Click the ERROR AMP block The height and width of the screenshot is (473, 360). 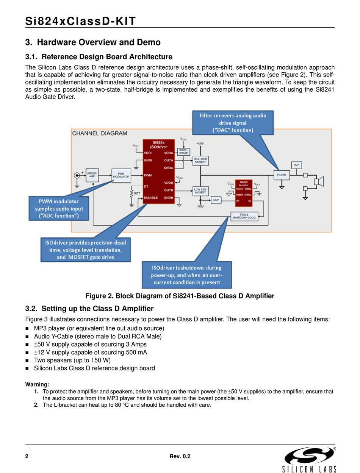[92, 175]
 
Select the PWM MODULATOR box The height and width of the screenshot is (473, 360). [121, 175]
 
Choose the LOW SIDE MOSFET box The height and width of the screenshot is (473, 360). [200, 191]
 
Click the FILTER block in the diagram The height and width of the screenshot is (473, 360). [282, 175]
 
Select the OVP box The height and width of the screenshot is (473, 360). [296, 165]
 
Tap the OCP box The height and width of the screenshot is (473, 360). [216, 200]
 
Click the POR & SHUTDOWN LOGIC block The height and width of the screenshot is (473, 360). [244, 216]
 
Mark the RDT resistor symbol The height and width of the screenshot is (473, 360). [131, 194]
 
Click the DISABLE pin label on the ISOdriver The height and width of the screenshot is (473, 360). [151, 198]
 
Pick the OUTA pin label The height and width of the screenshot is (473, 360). [168, 160]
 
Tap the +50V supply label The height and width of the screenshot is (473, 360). [200, 144]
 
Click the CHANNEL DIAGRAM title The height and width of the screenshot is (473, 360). [99, 133]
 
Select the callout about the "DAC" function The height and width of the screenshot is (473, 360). [233, 123]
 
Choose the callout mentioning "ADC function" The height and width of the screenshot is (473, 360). [59, 208]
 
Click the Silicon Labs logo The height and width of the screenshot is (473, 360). [309, 459]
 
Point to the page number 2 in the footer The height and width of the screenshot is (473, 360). [27, 456]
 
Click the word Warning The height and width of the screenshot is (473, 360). [37, 384]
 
